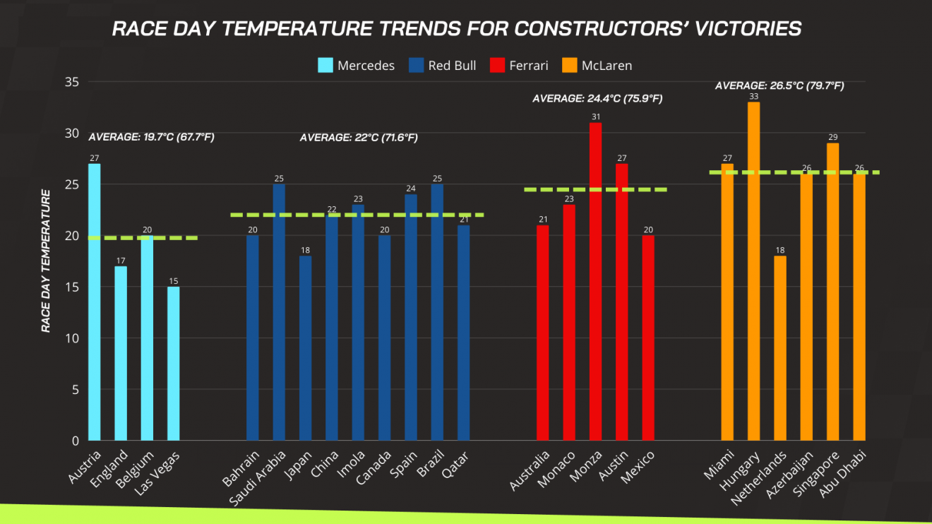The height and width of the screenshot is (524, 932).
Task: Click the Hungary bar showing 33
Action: coord(754,271)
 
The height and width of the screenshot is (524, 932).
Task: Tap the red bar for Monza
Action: coord(595,282)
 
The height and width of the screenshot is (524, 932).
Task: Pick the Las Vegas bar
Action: coord(174,364)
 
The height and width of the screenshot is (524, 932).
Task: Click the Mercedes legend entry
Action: coord(356,66)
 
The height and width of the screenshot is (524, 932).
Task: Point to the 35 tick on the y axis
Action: coord(71,82)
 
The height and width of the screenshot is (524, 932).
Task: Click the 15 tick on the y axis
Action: coord(71,287)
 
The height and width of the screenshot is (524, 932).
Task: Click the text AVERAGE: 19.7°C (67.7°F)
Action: coord(151,137)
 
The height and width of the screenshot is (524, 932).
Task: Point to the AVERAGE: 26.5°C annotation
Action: coord(779,85)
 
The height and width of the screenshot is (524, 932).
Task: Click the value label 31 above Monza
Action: coord(595,117)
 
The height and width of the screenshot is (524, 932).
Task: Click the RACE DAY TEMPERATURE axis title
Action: coord(46,261)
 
